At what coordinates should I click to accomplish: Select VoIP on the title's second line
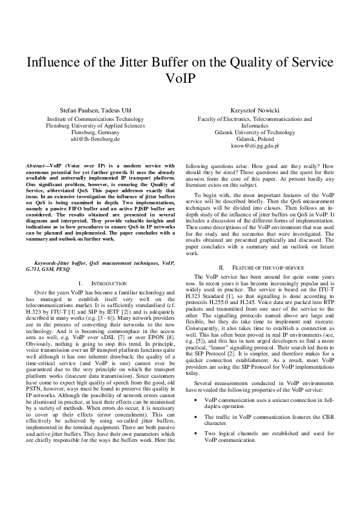(x=180, y=79)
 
